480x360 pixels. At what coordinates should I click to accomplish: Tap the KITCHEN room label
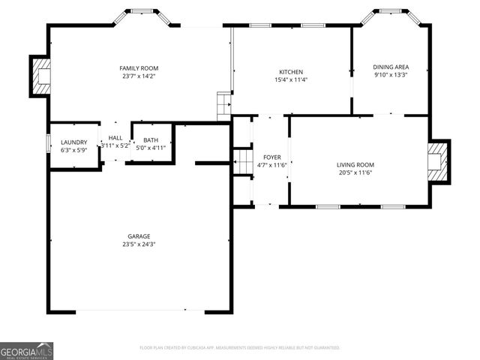(291, 72)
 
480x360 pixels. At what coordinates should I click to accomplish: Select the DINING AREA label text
(391, 67)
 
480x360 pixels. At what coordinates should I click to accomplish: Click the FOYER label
(271, 157)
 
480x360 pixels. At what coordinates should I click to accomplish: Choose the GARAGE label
(139, 235)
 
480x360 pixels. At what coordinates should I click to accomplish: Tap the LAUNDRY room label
(74, 142)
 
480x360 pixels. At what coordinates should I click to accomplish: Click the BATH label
(151, 139)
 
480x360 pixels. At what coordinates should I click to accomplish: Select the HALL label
(115, 138)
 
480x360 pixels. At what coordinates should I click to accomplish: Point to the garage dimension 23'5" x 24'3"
(139, 244)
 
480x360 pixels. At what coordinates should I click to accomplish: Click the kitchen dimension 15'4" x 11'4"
(291, 80)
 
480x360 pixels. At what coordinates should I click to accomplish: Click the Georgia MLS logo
(26, 350)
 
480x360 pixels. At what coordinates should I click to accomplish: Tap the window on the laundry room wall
(49, 142)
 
